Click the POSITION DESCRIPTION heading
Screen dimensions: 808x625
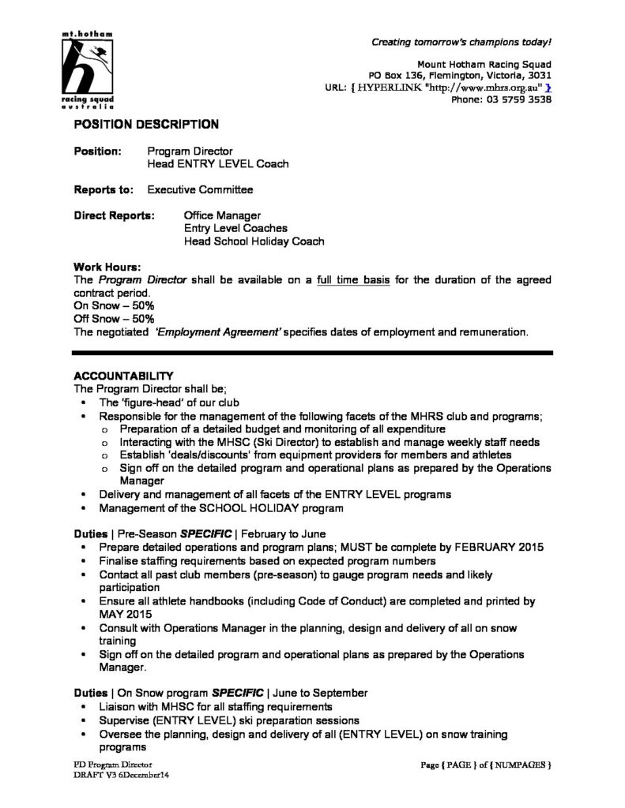146,125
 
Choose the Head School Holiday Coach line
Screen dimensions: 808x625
254,241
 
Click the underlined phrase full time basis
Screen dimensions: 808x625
352,280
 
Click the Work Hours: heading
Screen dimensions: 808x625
107,267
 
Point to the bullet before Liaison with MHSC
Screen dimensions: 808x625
85,707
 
